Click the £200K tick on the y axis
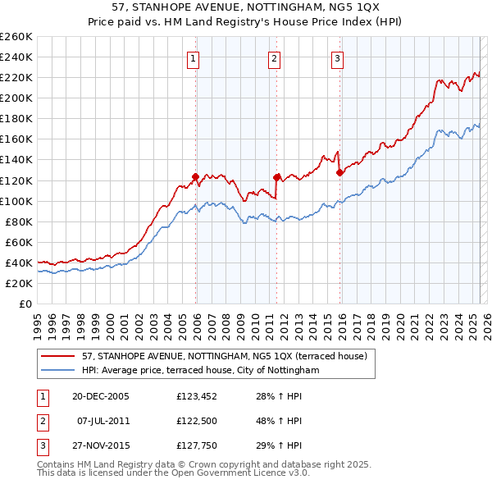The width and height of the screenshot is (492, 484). tap(16, 98)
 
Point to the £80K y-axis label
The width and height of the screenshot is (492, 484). tap(18, 221)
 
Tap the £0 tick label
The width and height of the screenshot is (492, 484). tap(25, 304)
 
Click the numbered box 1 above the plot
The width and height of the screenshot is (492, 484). tap(192, 58)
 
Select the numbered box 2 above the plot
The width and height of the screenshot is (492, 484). tap(274, 58)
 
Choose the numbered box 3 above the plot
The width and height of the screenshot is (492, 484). tap(337, 58)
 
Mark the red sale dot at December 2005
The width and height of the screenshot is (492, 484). tap(195, 176)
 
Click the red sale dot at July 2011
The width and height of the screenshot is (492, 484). tap(276, 177)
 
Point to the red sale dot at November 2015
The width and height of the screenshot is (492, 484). tap(339, 172)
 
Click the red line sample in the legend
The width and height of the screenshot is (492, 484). tap(59, 356)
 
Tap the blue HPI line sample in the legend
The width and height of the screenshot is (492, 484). tap(59, 370)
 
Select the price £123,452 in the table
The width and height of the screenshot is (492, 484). tap(199, 395)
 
